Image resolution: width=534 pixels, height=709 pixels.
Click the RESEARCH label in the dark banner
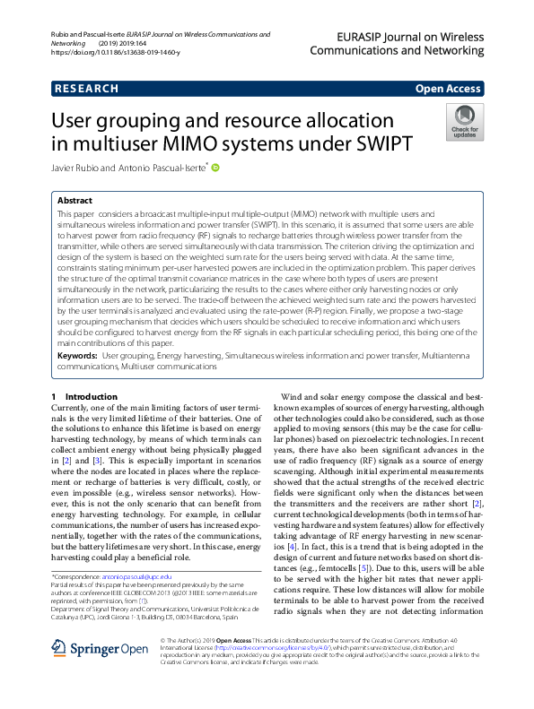point(87,89)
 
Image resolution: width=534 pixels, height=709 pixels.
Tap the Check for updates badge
point(463,123)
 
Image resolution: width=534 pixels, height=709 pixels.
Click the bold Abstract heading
point(75,202)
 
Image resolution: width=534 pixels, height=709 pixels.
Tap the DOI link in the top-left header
point(116,53)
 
